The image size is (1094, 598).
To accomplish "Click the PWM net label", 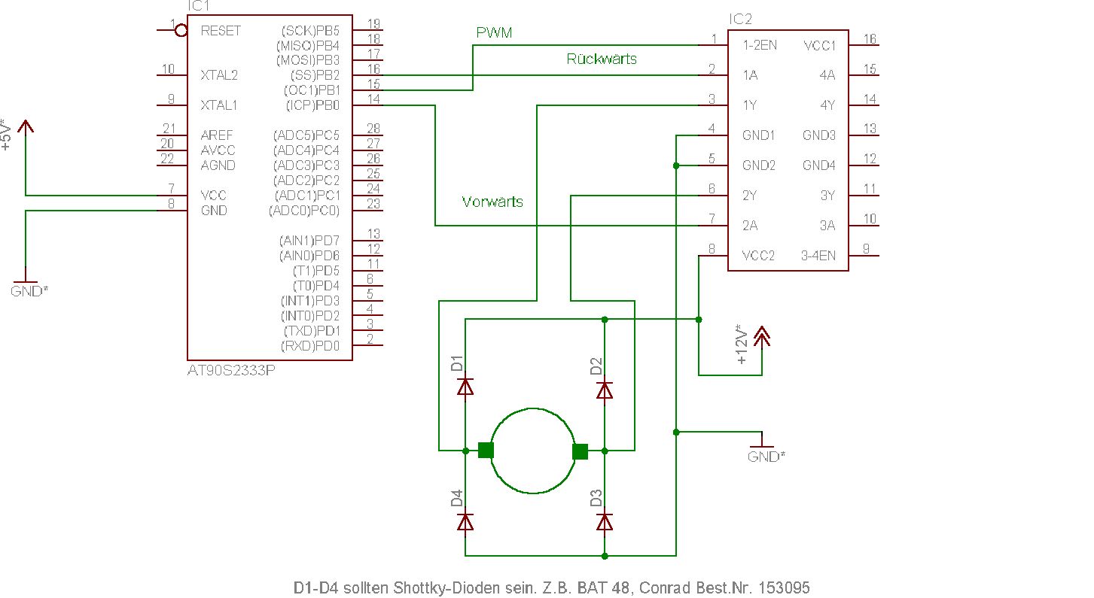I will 494,33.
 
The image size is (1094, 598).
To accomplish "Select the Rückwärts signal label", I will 602,59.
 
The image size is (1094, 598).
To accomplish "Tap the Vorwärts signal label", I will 492,202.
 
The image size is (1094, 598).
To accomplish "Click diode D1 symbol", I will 465,387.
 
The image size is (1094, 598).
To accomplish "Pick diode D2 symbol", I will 604,390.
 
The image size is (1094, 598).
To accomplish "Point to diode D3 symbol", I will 604,521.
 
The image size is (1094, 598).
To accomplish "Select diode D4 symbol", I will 465,521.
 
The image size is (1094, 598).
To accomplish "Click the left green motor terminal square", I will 486,451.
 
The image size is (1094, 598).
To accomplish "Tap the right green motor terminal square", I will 580,451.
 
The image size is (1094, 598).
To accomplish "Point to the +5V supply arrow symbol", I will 26,126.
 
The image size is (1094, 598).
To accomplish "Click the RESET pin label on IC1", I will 221,31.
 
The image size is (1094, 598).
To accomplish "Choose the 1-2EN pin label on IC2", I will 760,45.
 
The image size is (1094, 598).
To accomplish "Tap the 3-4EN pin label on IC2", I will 818,256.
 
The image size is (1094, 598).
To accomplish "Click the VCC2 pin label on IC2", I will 758,256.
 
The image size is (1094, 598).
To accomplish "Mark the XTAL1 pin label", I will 218,105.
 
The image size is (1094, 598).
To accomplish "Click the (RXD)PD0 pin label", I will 310,346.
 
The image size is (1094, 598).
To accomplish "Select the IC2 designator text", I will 740,19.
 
